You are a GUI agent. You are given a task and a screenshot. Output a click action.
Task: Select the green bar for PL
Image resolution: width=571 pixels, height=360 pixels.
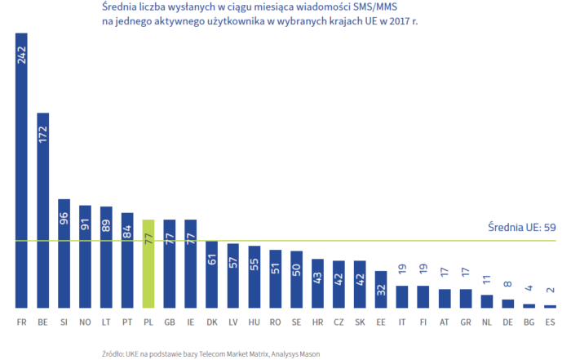pyautogui.click(x=148, y=263)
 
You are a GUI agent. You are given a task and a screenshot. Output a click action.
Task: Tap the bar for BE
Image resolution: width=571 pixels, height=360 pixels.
pyautogui.click(x=42, y=210)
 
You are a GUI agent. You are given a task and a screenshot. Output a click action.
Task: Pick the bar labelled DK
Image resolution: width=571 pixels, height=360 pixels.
pyautogui.click(x=211, y=274)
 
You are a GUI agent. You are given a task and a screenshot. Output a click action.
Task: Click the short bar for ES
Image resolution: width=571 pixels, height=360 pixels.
pyautogui.click(x=550, y=305)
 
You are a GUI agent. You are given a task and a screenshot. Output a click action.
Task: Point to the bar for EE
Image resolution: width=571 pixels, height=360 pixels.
pyautogui.click(x=381, y=289)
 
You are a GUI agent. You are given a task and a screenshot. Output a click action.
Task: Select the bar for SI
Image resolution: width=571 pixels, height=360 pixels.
pyautogui.click(x=64, y=253)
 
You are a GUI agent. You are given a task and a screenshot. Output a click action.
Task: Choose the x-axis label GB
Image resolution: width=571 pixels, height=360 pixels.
pyautogui.click(x=170, y=322)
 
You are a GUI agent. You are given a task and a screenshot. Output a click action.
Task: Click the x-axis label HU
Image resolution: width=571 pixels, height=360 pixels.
pyautogui.click(x=255, y=322)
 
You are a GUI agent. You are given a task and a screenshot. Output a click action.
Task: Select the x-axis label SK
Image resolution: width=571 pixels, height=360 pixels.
pyautogui.click(x=360, y=322)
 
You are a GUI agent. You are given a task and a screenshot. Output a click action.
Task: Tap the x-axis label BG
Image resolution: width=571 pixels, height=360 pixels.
pyautogui.click(x=529, y=322)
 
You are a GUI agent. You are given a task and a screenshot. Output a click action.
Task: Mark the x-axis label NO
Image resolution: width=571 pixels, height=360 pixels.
pyautogui.click(x=85, y=322)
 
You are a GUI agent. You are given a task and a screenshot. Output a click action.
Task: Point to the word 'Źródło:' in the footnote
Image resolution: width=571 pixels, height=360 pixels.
pyautogui.click(x=114, y=353)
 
